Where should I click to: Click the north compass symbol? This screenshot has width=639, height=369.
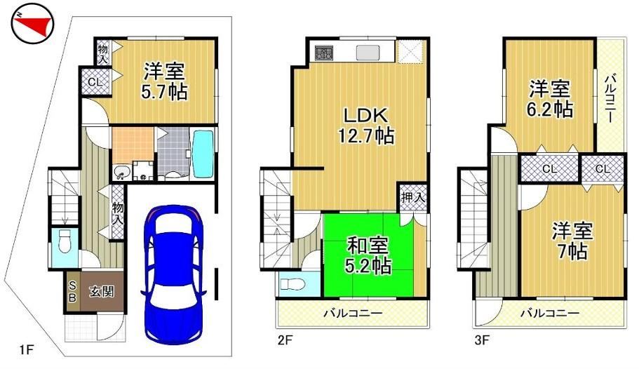[32, 23]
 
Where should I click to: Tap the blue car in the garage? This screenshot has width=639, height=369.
[173, 274]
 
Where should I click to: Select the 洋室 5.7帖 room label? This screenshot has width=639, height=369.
[165, 81]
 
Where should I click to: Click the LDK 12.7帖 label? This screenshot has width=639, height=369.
[366, 125]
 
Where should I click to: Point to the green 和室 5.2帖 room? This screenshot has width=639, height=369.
[368, 255]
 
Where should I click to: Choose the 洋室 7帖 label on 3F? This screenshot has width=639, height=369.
[572, 241]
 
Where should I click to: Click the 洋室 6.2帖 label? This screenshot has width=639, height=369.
[550, 99]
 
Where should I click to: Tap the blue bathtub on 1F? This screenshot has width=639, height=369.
[203, 154]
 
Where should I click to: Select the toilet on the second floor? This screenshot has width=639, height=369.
[292, 284]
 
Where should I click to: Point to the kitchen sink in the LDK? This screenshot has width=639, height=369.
[368, 53]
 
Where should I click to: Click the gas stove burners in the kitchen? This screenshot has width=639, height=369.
[323, 52]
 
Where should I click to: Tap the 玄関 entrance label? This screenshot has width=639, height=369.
[102, 292]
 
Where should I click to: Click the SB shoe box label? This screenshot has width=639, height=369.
[72, 291]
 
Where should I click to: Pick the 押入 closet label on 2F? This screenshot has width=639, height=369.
[413, 197]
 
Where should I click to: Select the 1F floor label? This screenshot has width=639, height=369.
[27, 350]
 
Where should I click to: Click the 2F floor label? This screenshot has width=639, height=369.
[285, 340]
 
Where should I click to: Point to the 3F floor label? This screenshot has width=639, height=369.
[482, 340]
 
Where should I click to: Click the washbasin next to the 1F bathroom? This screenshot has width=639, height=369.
[121, 173]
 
